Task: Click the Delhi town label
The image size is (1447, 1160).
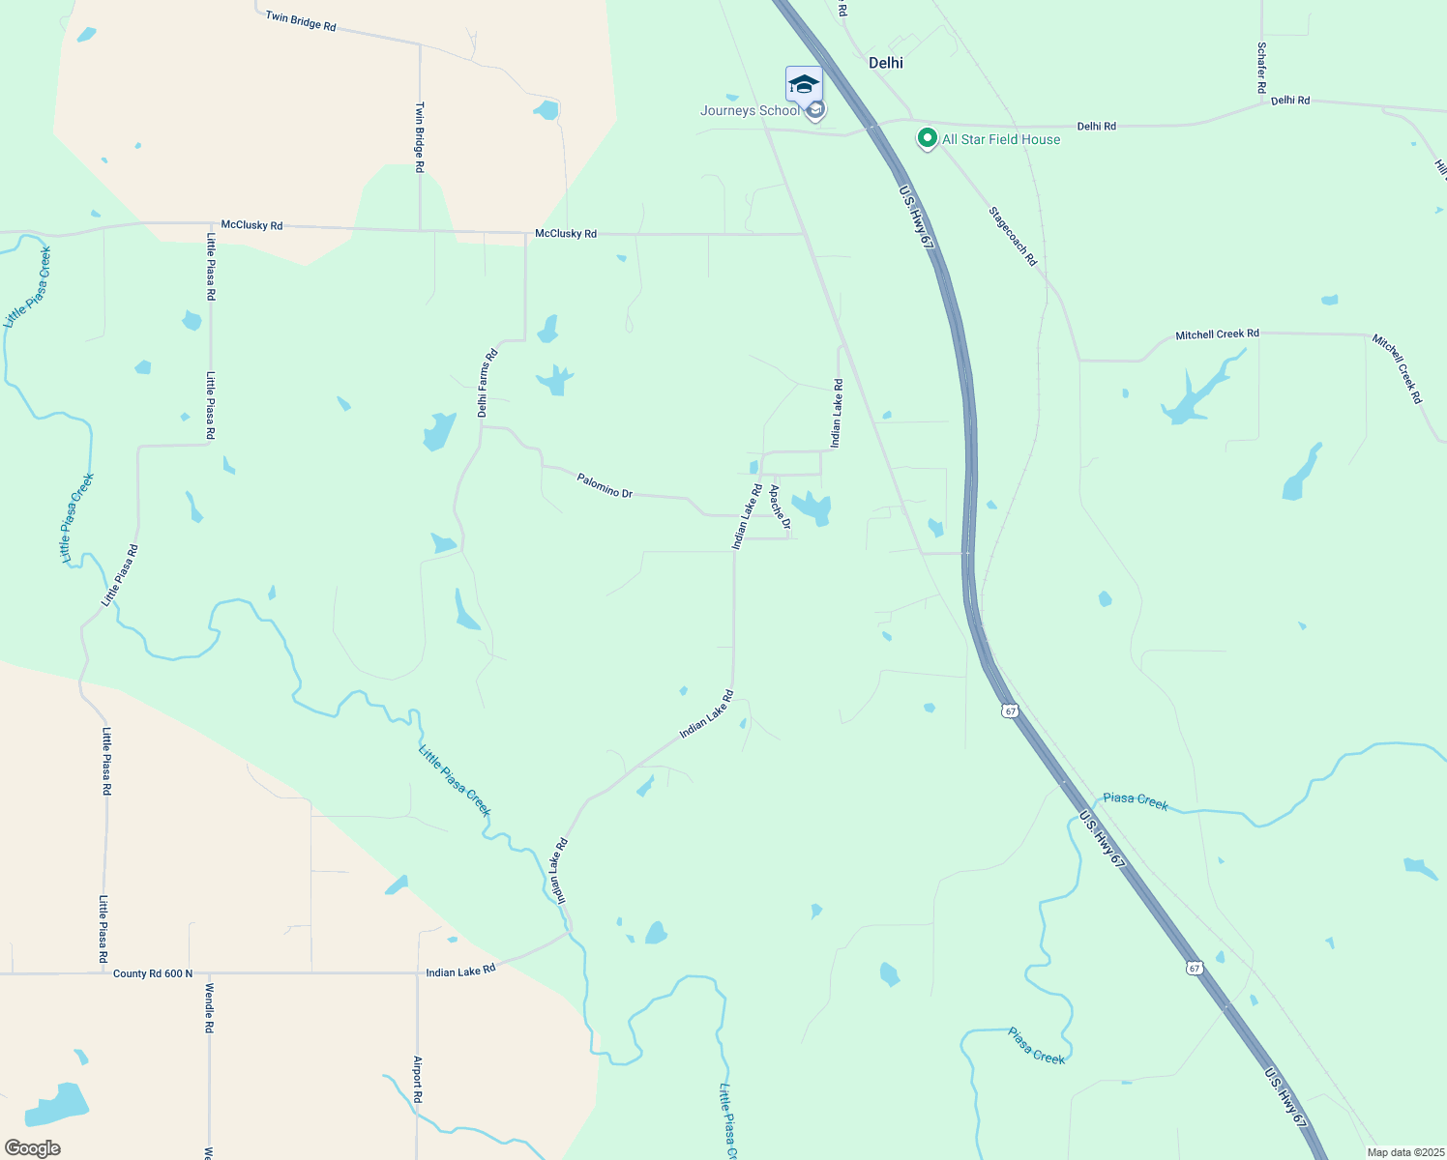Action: click(885, 63)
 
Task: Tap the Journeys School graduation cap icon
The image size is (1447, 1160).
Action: click(804, 85)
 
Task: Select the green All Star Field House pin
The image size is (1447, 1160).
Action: click(928, 139)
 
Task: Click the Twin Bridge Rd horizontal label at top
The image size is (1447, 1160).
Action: click(301, 21)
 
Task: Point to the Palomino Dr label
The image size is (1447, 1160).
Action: click(605, 485)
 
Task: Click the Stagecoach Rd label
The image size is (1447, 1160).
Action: click(1013, 236)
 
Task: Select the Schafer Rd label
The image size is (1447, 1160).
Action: click(1261, 68)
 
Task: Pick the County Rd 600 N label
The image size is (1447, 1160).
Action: click(153, 973)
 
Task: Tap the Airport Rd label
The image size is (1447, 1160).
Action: click(418, 1080)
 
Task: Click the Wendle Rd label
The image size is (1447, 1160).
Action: click(208, 1008)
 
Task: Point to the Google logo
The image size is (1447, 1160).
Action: click(33, 1148)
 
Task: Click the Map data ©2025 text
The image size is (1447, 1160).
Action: click(1404, 1152)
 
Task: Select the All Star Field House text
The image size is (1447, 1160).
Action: click(1001, 139)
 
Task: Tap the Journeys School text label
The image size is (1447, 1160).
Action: click(750, 111)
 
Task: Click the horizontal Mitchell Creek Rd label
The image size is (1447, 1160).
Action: click(1217, 334)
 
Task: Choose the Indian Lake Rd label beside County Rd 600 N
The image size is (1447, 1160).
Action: click(460, 970)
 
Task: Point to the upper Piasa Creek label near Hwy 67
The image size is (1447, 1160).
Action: click(1136, 800)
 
